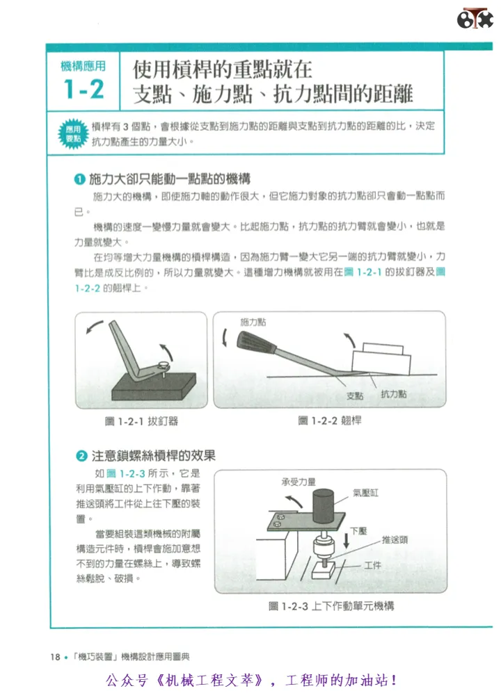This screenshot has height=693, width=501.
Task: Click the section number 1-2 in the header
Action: click(83, 89)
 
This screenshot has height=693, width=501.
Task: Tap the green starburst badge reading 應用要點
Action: click(74, 134)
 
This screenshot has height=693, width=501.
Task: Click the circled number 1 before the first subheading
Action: click(79, 179)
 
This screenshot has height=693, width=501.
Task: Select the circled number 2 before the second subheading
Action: click(82, 456)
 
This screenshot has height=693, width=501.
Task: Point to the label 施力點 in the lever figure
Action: click(253, 323)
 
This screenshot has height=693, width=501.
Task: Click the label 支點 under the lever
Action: click(355, 396)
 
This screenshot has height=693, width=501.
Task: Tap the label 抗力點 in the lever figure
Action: click(393, 394)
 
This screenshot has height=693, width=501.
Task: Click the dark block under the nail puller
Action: click(154, 386)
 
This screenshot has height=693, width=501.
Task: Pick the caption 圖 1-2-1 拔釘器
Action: click(141, 421)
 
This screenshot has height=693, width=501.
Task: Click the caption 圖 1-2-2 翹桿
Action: click(330, 421)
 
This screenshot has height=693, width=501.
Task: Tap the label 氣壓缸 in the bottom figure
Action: click(365, 493)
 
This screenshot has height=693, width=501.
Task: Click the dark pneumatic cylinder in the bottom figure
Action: click(323, 507)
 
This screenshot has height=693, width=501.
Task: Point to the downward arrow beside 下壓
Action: click(347, 539)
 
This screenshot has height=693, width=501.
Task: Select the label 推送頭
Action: click(395, 539)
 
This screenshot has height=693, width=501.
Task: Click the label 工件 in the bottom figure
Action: click(373, 565)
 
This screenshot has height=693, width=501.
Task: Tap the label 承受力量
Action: click(299, 482)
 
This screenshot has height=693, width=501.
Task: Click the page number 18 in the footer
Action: click(55, 657)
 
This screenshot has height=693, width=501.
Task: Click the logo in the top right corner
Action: click(475, 19)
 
